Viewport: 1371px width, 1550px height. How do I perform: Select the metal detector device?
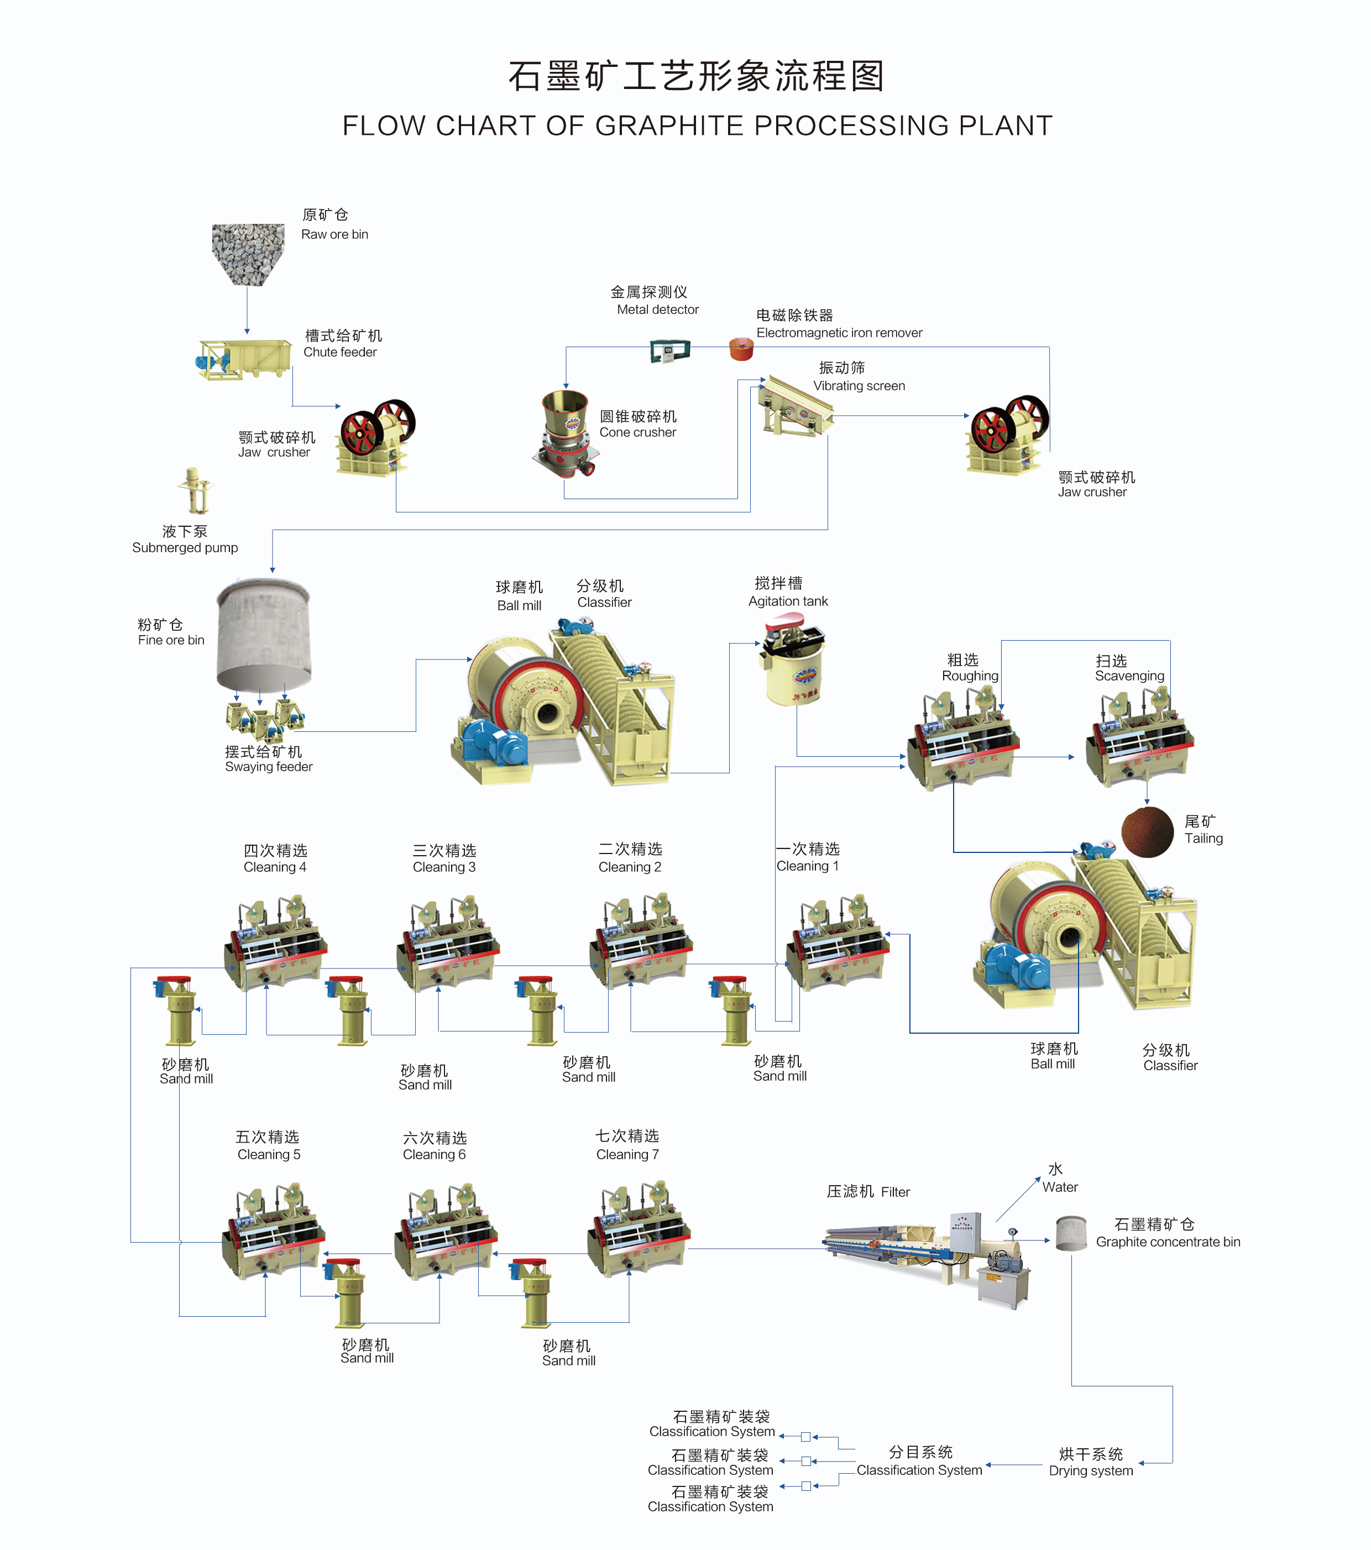pyautogui.click(x=669, y=350)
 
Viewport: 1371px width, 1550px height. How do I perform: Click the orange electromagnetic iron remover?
pyautogui.click(x=741, y=349)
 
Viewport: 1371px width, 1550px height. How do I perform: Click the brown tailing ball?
pyautogui.click(x=1147, y=832)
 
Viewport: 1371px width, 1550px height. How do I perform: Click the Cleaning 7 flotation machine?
pyautogui.click(x=639, y=1228)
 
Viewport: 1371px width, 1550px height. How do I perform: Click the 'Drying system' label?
pyautogui.click(x=1090, y=1470)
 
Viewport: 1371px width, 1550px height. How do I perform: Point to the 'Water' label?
pyautogui.click(x=1059, y=1187)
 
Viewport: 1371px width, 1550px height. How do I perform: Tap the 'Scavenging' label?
pyautogui.click(x=1129, y=675)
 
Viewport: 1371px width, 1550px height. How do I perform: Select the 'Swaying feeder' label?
pyautogui.click(x=269, y=767)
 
